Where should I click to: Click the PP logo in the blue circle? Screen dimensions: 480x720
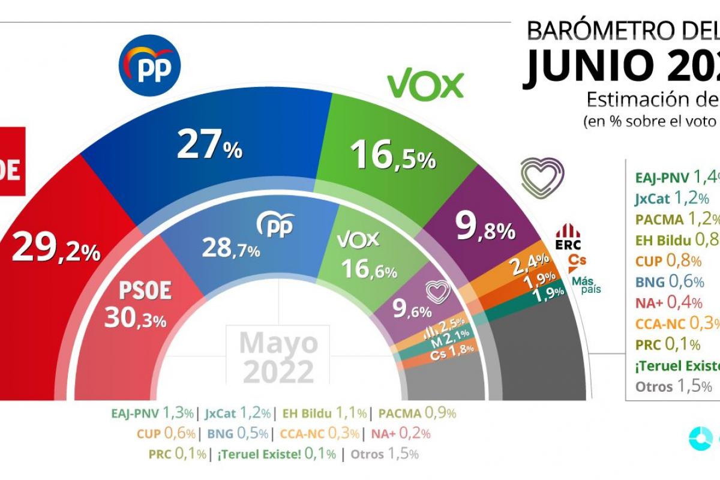coord(151,66)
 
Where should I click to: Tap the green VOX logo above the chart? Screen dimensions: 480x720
coord(425,86)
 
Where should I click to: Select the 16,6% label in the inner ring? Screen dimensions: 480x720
coord(368,269)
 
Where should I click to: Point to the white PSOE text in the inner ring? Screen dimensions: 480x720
coord(145,291)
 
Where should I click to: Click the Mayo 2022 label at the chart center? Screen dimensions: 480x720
coord(278,356)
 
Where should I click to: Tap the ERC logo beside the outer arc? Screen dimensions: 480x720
coord(568,236)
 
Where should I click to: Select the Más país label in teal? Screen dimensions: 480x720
coord(586,284)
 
